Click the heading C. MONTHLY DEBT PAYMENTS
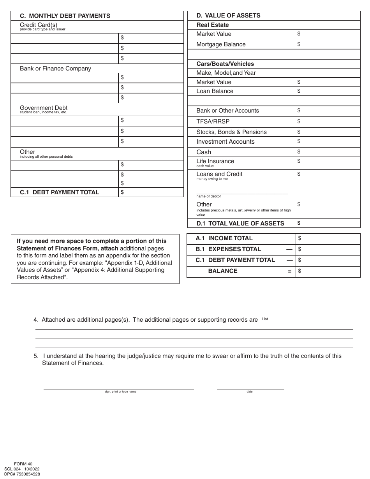[65, 16]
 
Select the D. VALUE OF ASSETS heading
[228, 16]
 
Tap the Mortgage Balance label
[221, 44]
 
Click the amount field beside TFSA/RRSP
[328, 122]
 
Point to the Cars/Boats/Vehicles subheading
[225, 64]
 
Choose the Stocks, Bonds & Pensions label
[231, 132]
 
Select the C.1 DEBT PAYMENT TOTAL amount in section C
[151, 192]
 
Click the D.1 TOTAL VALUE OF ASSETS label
[240, 224]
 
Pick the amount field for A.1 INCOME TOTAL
[328, 238]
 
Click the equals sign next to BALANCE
[289, 271]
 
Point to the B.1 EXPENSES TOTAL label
[228, 249]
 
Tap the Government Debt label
[44, 108]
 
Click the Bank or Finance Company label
[55, 69]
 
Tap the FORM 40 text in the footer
[23, 464]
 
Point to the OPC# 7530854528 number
[22, 474]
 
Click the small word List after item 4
[265, 319]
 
